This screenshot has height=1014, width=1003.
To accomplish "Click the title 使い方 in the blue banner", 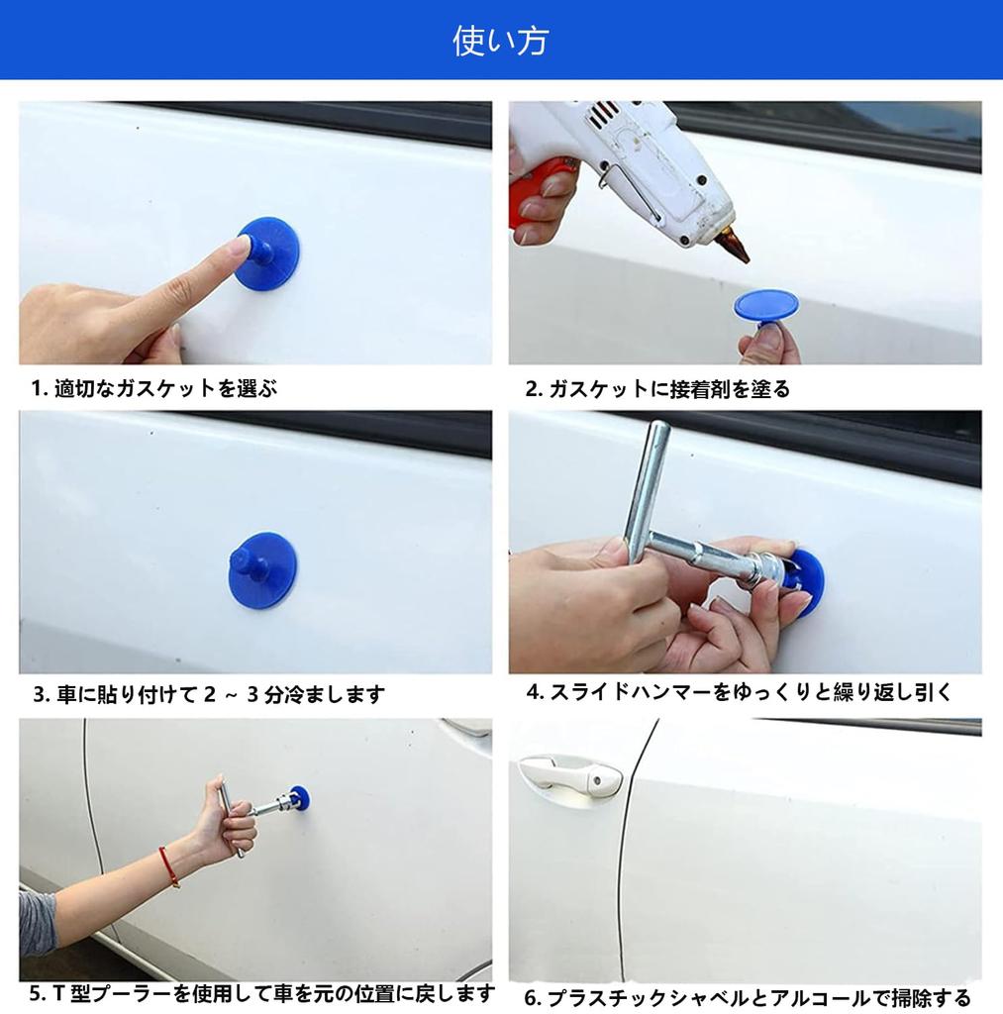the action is click(x=501, y=40).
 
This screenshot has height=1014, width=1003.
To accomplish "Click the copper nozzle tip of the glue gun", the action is click(x=734, y=243).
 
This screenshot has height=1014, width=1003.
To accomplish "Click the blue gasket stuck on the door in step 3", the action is click(x=263, y=569).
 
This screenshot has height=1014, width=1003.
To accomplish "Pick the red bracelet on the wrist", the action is click(x=168, y=866).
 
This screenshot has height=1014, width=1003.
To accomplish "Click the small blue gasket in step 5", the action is click(x=300, y=798).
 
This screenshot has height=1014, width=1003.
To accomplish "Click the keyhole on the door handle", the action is click(x=597, y=781).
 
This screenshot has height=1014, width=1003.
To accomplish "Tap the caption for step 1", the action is click(x=154, y=388).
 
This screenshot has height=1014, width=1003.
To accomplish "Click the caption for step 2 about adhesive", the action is click(x=657, y=388).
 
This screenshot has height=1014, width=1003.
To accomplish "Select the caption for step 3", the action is click(x=209, y=694).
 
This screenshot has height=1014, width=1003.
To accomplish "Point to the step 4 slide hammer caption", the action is click(x=739, y=692).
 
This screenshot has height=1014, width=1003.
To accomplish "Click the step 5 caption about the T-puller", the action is click(x=262, y=992).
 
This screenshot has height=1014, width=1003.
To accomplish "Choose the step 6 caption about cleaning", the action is click(x=748, y=997).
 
